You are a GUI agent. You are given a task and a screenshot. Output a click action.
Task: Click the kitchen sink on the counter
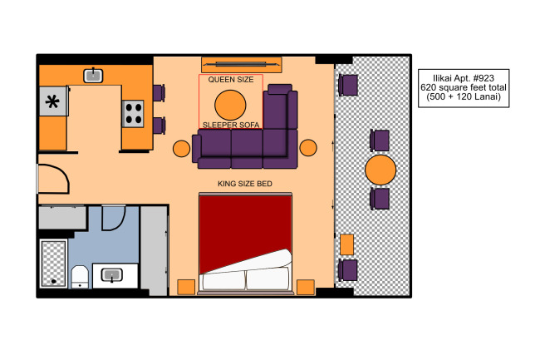[93, 76]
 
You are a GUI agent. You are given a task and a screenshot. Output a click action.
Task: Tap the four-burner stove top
[133, 114]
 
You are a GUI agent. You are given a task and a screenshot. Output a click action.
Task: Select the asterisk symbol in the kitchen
[52, 101]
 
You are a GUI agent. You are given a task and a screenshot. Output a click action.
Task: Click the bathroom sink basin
[111, 275]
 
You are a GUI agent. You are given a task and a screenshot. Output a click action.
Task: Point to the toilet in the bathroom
[80, 277]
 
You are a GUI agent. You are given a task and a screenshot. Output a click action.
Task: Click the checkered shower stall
[53, 264]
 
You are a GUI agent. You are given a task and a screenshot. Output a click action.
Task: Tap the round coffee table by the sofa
[230, 106]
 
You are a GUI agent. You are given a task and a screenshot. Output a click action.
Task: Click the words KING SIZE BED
[245, 184]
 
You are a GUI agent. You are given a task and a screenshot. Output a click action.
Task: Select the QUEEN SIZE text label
[231, 80]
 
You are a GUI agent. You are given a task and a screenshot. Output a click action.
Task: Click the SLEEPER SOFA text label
[231, 125]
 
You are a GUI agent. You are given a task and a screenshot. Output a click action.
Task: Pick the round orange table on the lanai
[380, 170]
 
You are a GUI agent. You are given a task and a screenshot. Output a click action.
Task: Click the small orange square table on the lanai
[346, 244]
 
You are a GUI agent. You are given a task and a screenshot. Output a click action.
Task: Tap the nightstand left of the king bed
[186, 288]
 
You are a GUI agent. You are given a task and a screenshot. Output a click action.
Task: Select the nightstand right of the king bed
[306, 288]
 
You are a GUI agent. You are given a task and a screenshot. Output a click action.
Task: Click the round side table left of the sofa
[181, 149]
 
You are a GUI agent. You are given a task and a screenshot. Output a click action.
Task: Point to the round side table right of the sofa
[308, 148]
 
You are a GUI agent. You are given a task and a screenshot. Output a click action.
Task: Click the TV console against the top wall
[242, 65]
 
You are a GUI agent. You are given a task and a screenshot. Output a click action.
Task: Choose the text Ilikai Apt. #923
[464, 78]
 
